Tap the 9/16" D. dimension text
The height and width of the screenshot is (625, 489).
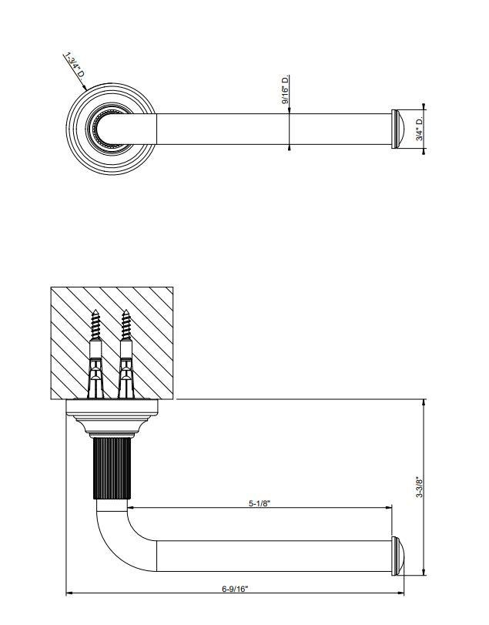click(285, 89)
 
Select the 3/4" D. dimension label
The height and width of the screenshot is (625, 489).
click(420, 129)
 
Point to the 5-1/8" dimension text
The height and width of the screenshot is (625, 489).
click(260, 503)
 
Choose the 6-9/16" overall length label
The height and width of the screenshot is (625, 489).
click(235, 589)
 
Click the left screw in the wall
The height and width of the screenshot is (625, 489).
click(95, 354)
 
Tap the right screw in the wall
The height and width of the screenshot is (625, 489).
click(126, 354)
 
